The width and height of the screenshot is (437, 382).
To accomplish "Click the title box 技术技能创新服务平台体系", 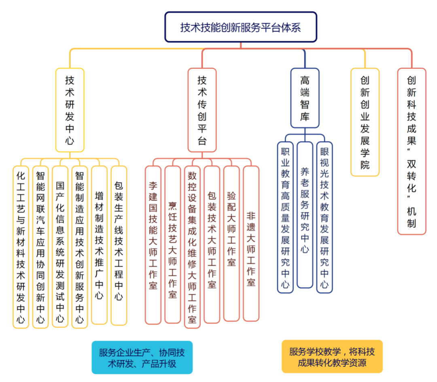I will pos(241,27).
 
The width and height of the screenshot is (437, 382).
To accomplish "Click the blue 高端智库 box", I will pos(305,98).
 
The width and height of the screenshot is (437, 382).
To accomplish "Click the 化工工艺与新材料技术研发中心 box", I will pos(21,246).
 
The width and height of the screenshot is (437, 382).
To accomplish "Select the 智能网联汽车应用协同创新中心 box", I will pos(40,246).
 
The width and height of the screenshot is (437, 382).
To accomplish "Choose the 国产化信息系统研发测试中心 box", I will pos(60,246).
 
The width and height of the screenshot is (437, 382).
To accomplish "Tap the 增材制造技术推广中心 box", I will pos(99,245).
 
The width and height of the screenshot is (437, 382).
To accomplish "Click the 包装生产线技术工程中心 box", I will pos(119,245).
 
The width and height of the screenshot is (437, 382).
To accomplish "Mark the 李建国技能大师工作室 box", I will pos(153,244).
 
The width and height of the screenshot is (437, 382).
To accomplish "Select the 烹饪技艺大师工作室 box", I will pos(172,244).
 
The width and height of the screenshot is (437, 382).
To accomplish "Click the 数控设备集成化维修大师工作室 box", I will pos(192,246).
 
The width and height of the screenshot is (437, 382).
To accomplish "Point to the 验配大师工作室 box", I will pos(231,243).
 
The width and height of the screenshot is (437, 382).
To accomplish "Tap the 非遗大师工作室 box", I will pos(251,243).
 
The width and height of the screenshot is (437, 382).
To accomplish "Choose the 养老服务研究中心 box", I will pos(305,214).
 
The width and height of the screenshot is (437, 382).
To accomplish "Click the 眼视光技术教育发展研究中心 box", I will pos(324,217).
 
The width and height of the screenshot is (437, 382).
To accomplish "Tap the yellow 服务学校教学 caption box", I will pos(332,357).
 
